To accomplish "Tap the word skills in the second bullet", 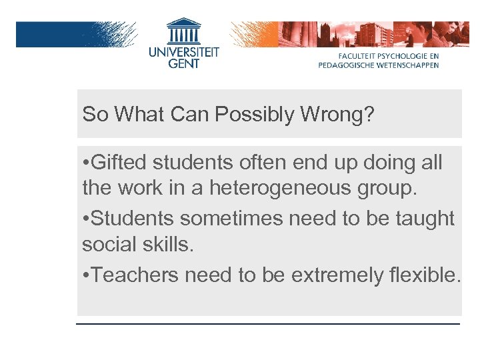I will coord(170,245).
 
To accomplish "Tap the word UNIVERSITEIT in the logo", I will coord(183,51).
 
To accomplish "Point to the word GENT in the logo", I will coord(183,64).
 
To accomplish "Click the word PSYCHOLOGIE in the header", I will coord(397,57).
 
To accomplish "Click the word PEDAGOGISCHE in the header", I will coord(347,65).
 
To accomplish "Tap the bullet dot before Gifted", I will coord(86,163).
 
